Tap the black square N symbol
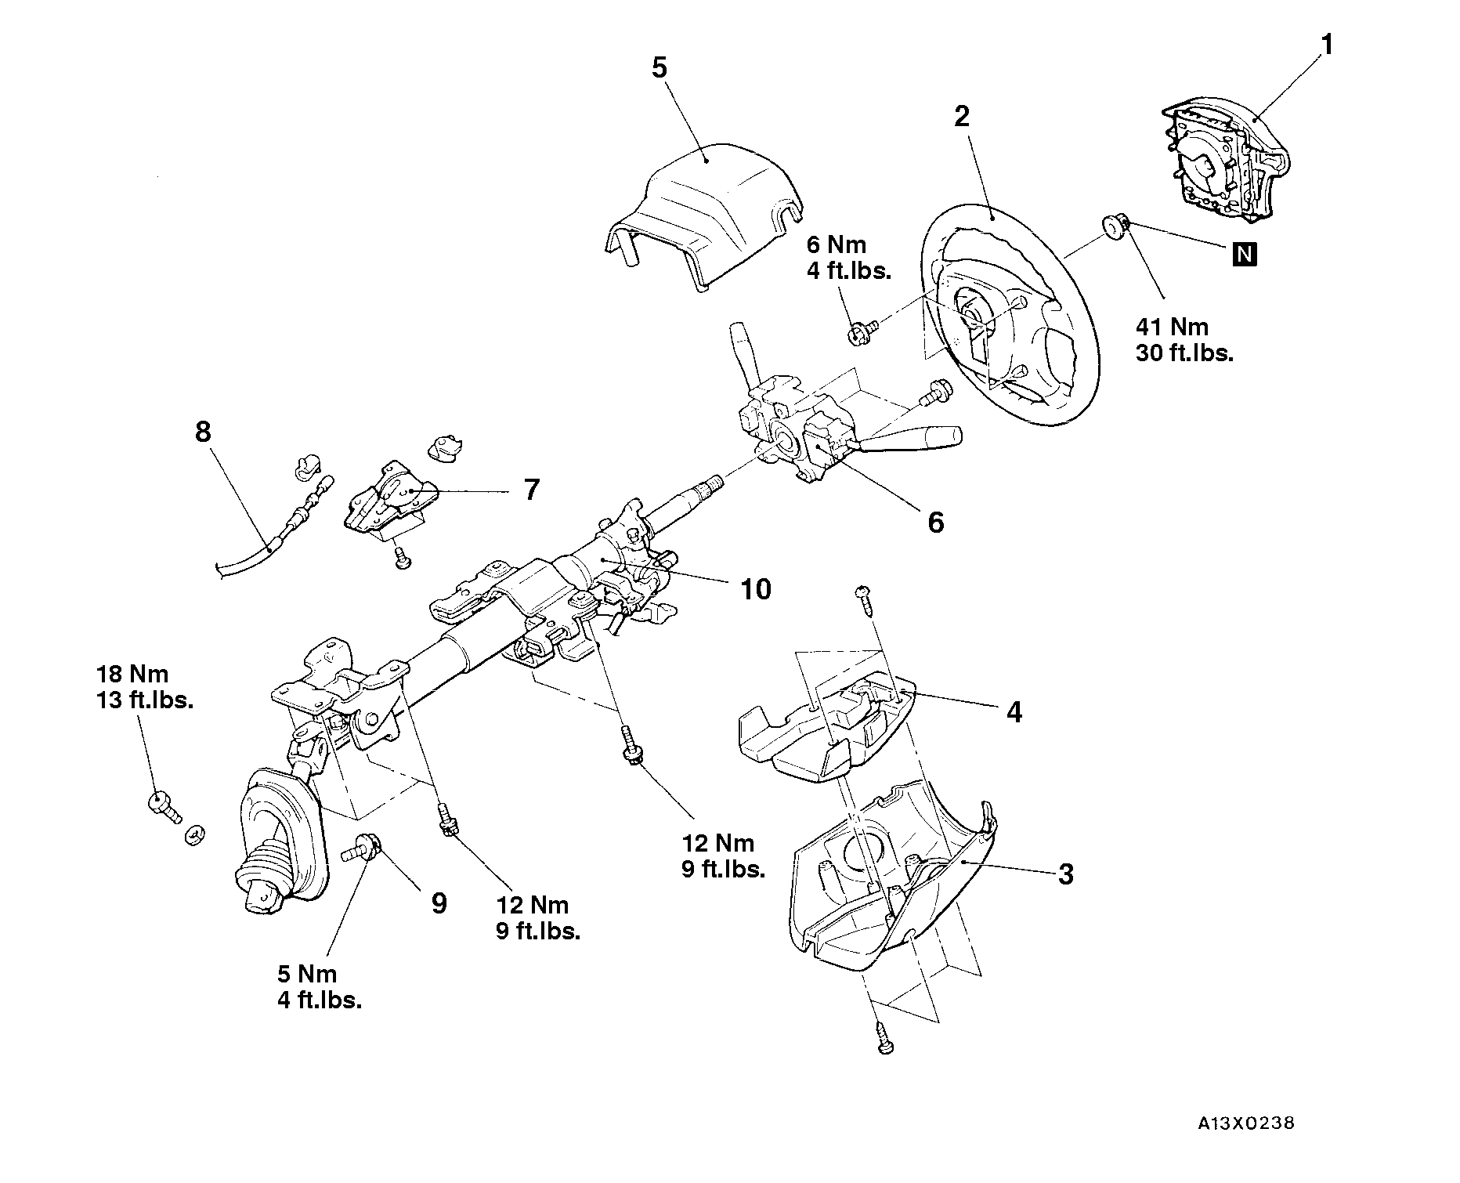pyautogui.click(x=1245, y=254)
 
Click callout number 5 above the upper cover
pyautogui.click(x=660, y=68)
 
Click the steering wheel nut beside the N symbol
pyautogui.click(x=1115, y=226)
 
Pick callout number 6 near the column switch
pyautogui.click(x=935, y=522)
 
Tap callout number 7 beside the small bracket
pyautogui.click(x=531, y=490)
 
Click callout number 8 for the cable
pyautogui.click(x=203, y=431)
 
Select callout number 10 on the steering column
pyautogui.click(x=755, y=589)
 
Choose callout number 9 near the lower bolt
pyautogui.click(x=439, y=903)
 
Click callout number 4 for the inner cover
pyautogui.click(x=1014, y=712)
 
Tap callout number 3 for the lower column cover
pyautogui.click(x=1065, y=874)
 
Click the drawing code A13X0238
pyautogui.click(x=1245, y=1123)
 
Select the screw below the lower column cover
pyautogui.click(x=884, y=1039)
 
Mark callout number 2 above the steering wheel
pyautogui.click(x=961, y=117)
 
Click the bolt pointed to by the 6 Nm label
pyautogui.click(x=858, y=333)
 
